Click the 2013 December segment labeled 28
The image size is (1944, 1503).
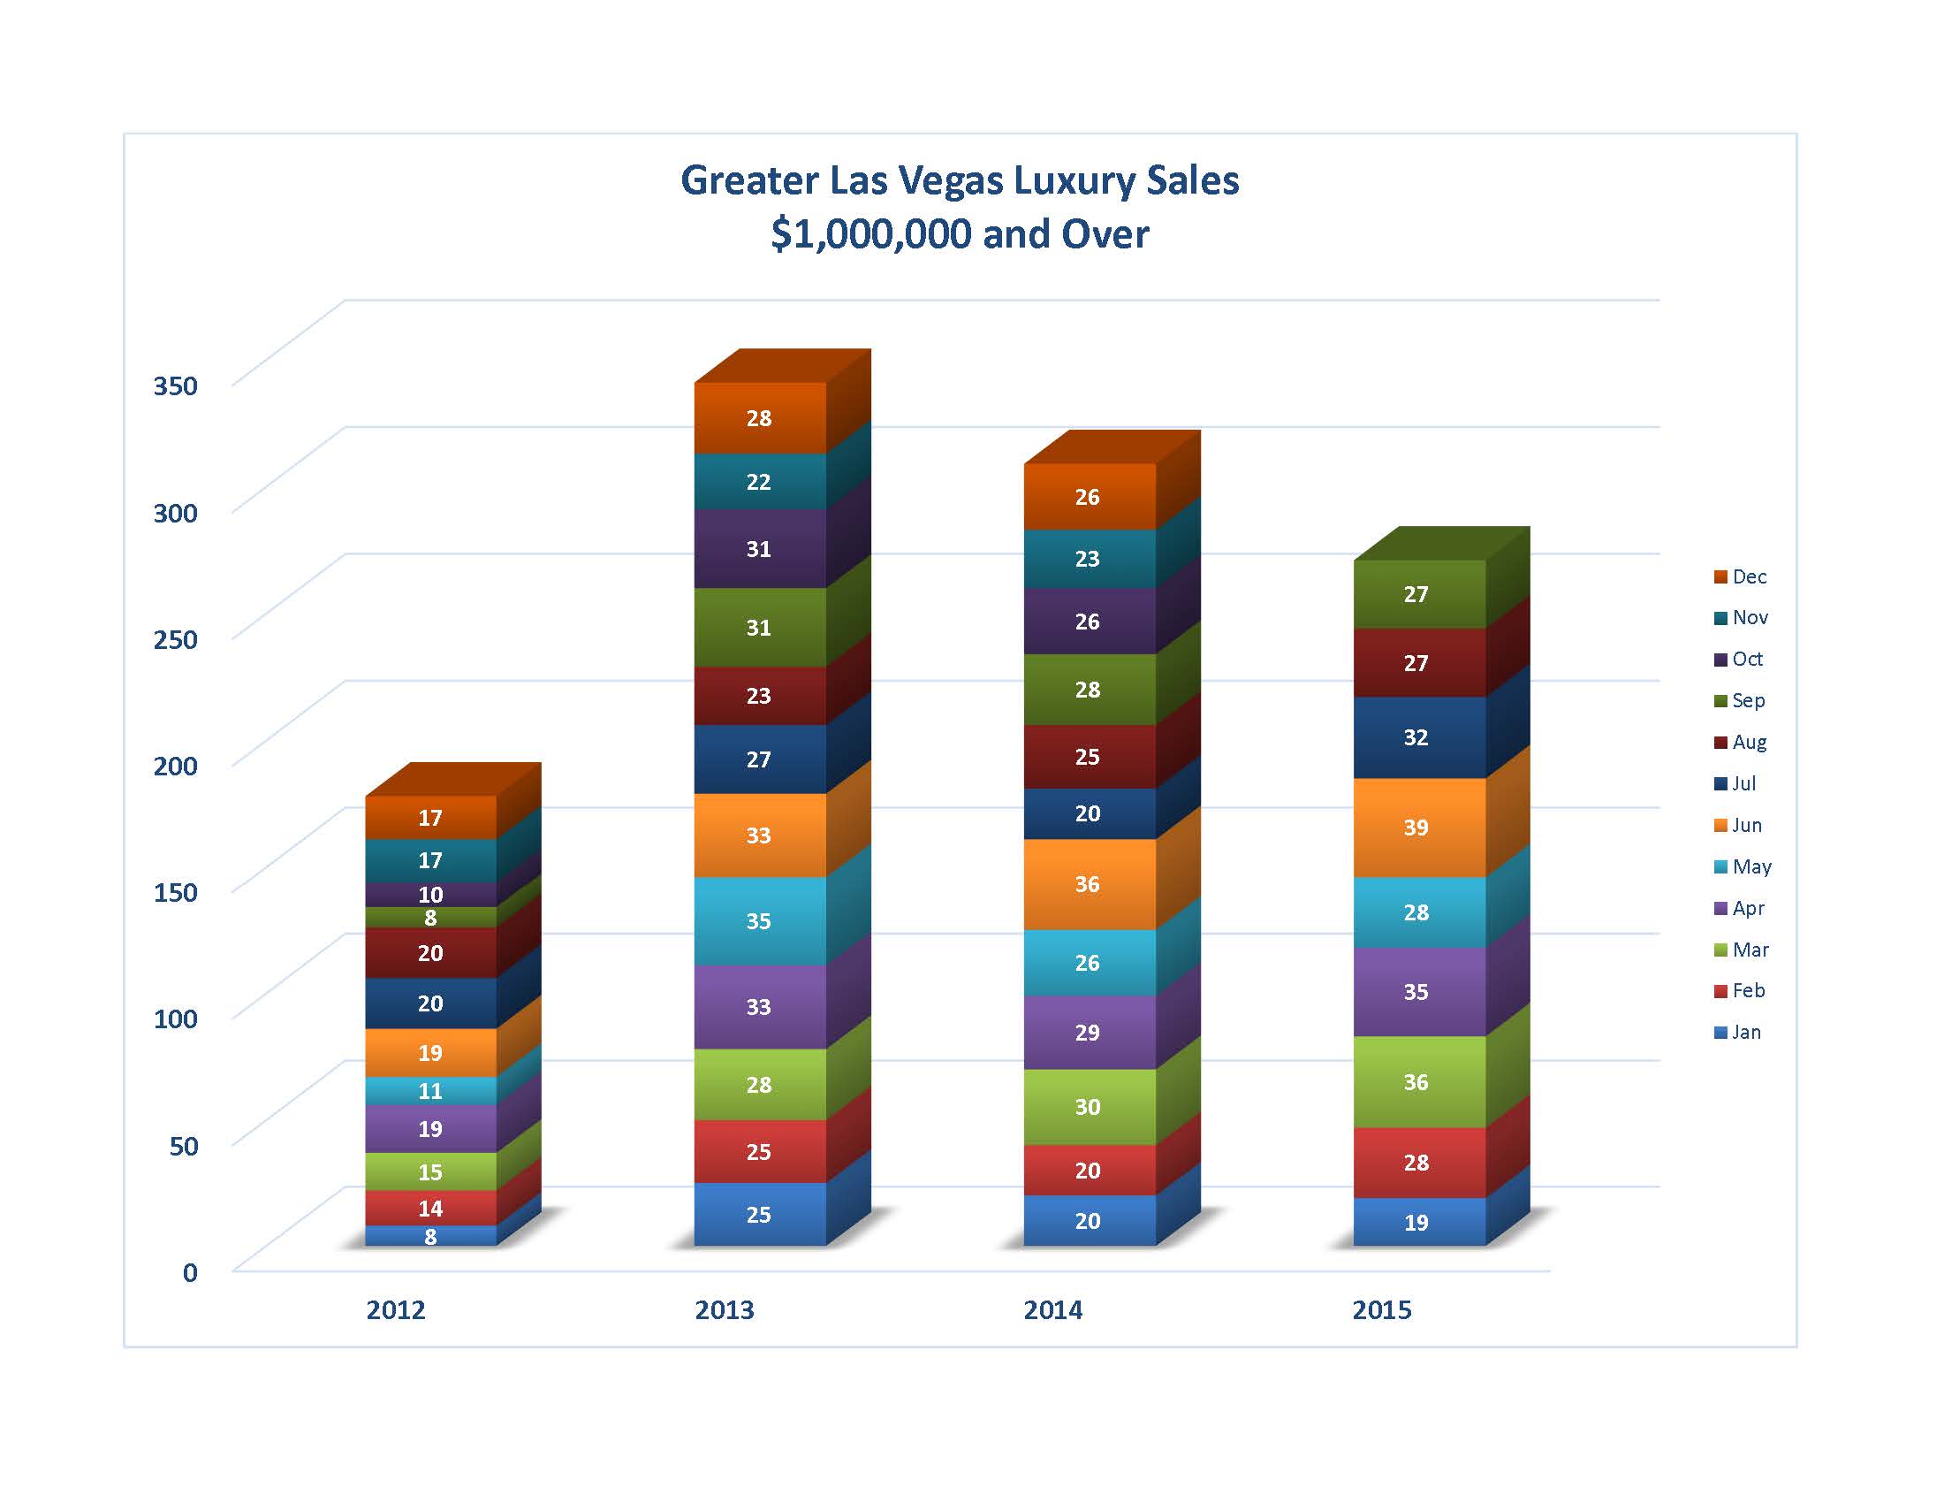758,418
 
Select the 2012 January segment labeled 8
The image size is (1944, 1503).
431,1236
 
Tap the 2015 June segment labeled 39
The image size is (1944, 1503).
1416,828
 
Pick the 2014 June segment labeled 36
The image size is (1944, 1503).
1087,884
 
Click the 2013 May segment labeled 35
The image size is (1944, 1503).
758,920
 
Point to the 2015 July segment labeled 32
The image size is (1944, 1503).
1416,737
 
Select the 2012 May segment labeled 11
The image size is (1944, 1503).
431,1091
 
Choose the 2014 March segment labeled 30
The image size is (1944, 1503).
1087,1107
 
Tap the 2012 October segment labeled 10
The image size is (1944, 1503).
431,895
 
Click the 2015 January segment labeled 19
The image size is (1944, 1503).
1416,1223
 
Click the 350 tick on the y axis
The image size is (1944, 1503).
175,385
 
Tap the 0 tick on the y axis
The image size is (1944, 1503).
190,1272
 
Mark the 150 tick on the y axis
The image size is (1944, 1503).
175,892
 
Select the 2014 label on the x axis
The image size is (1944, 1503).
1053,1309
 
